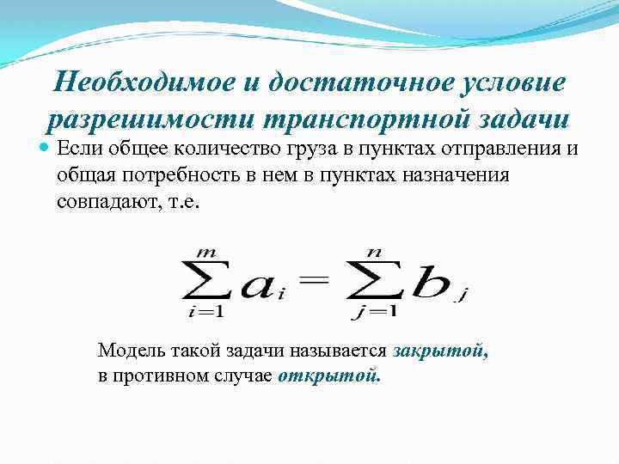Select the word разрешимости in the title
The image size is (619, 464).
point(150,119)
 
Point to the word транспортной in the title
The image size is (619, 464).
point(367,119)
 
